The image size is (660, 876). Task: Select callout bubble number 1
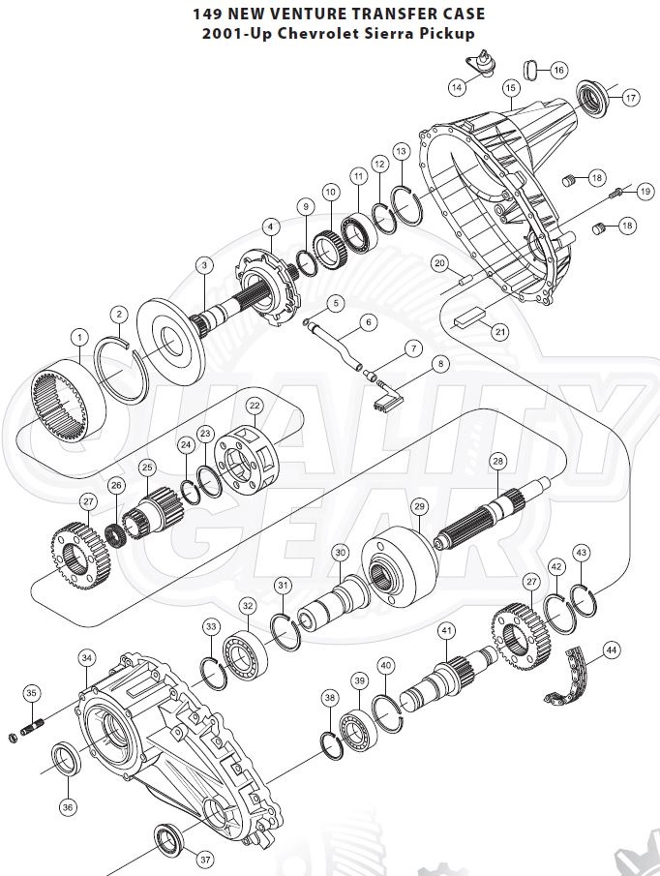pyautogui.click(x=78, y=336)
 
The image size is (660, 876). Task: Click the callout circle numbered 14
pyautogui.click(x=457, y=87)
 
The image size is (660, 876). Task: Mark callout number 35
pyautogui.click(x=32, y=693)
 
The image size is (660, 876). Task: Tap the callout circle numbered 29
pyautogui.click(x=419, y=506)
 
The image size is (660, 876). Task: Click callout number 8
pyautogui.click(x=442, y=364)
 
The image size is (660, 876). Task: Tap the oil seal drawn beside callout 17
pyautogui.click(x=592, y=98)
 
